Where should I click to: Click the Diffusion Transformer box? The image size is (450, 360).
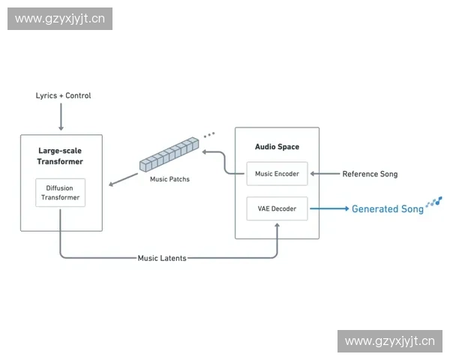pyautogui.click(x=60, y=192)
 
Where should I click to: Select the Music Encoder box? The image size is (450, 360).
pyautogui.click(x=277, y=174)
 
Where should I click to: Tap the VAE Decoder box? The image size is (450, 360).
pyautogui.click(x=277, y=208)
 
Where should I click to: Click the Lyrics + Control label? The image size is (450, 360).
pyautogui.click(x=63, y=96)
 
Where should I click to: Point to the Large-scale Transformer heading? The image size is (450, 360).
pyautogui.click(x=60, y=156)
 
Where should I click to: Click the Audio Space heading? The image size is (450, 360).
pyautogui.click(x=277, y=147)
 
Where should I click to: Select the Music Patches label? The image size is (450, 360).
pyautogui.click(x=169, y=179)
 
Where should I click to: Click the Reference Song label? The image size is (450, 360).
pyautogui.click(x=370, y=174)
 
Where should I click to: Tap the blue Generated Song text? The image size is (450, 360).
pyautogui.click(x=387, y=209)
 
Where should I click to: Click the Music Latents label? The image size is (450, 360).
pyautogui.click(x=162, y=258)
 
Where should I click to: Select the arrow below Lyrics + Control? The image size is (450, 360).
pyautogui.click(x=61, y=118)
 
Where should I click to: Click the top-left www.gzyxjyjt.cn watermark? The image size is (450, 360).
pyautogui.click(x=60, y=18)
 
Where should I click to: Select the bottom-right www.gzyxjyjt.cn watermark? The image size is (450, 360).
pyautogui.click(x=389, y=342)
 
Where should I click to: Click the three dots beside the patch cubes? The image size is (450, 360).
pyautogui.click(x=209, y=135)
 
